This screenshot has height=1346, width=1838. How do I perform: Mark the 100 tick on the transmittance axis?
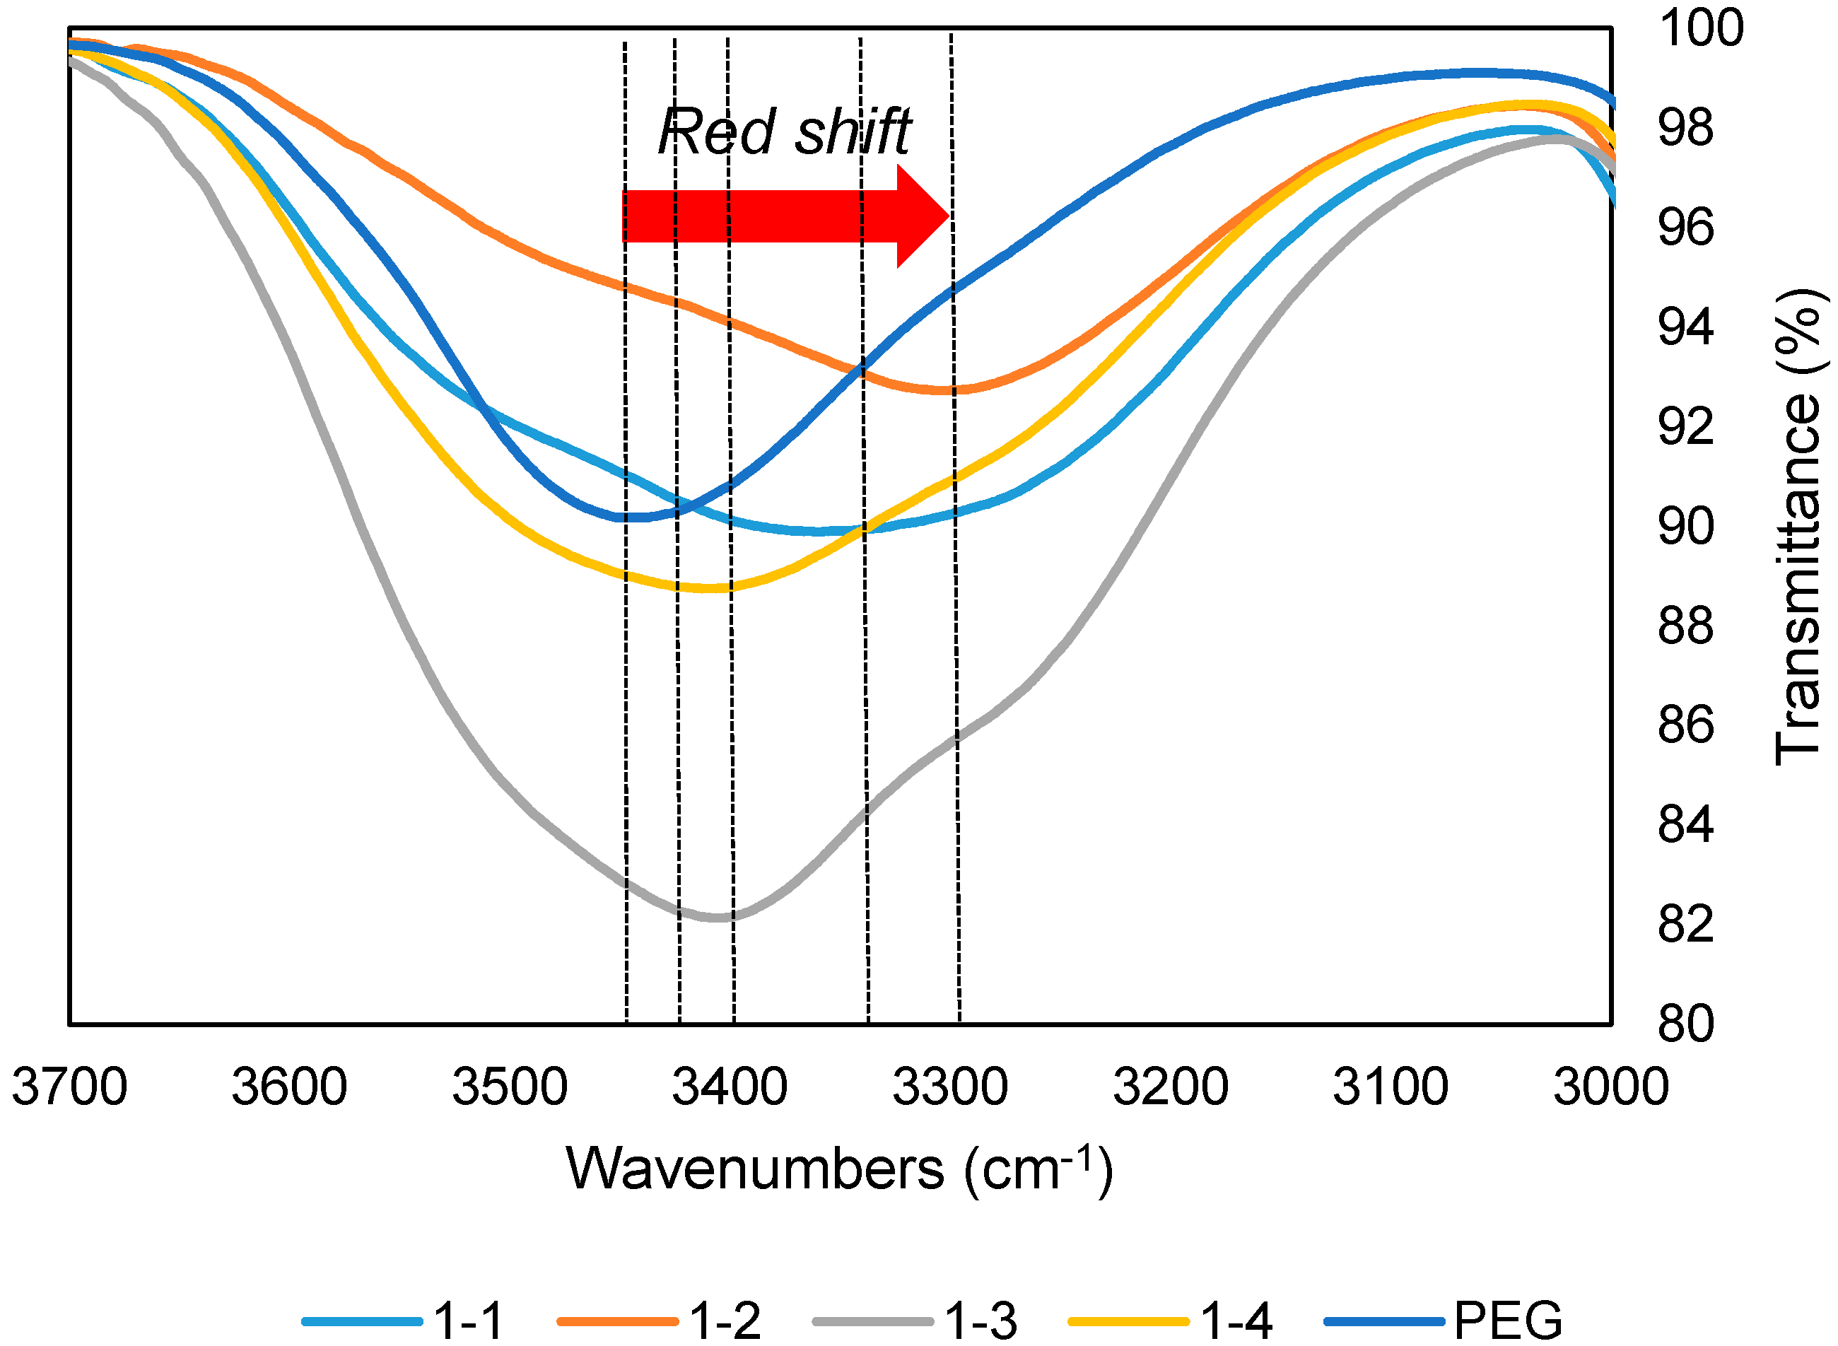click(x=1701, y=28)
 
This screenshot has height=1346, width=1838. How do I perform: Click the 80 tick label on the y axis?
click(x=1685, y=1024)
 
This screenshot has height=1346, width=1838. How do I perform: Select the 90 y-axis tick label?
click(x=1685, y=527)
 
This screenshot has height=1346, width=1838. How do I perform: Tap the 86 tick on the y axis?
click(x=1685, y=725)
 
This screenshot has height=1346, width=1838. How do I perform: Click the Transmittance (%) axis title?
click(x=1798, y=527)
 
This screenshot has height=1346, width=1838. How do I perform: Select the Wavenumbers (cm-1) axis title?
click(x=839, y=1170)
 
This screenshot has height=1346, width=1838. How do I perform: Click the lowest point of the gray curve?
click(x=717, y=918)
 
